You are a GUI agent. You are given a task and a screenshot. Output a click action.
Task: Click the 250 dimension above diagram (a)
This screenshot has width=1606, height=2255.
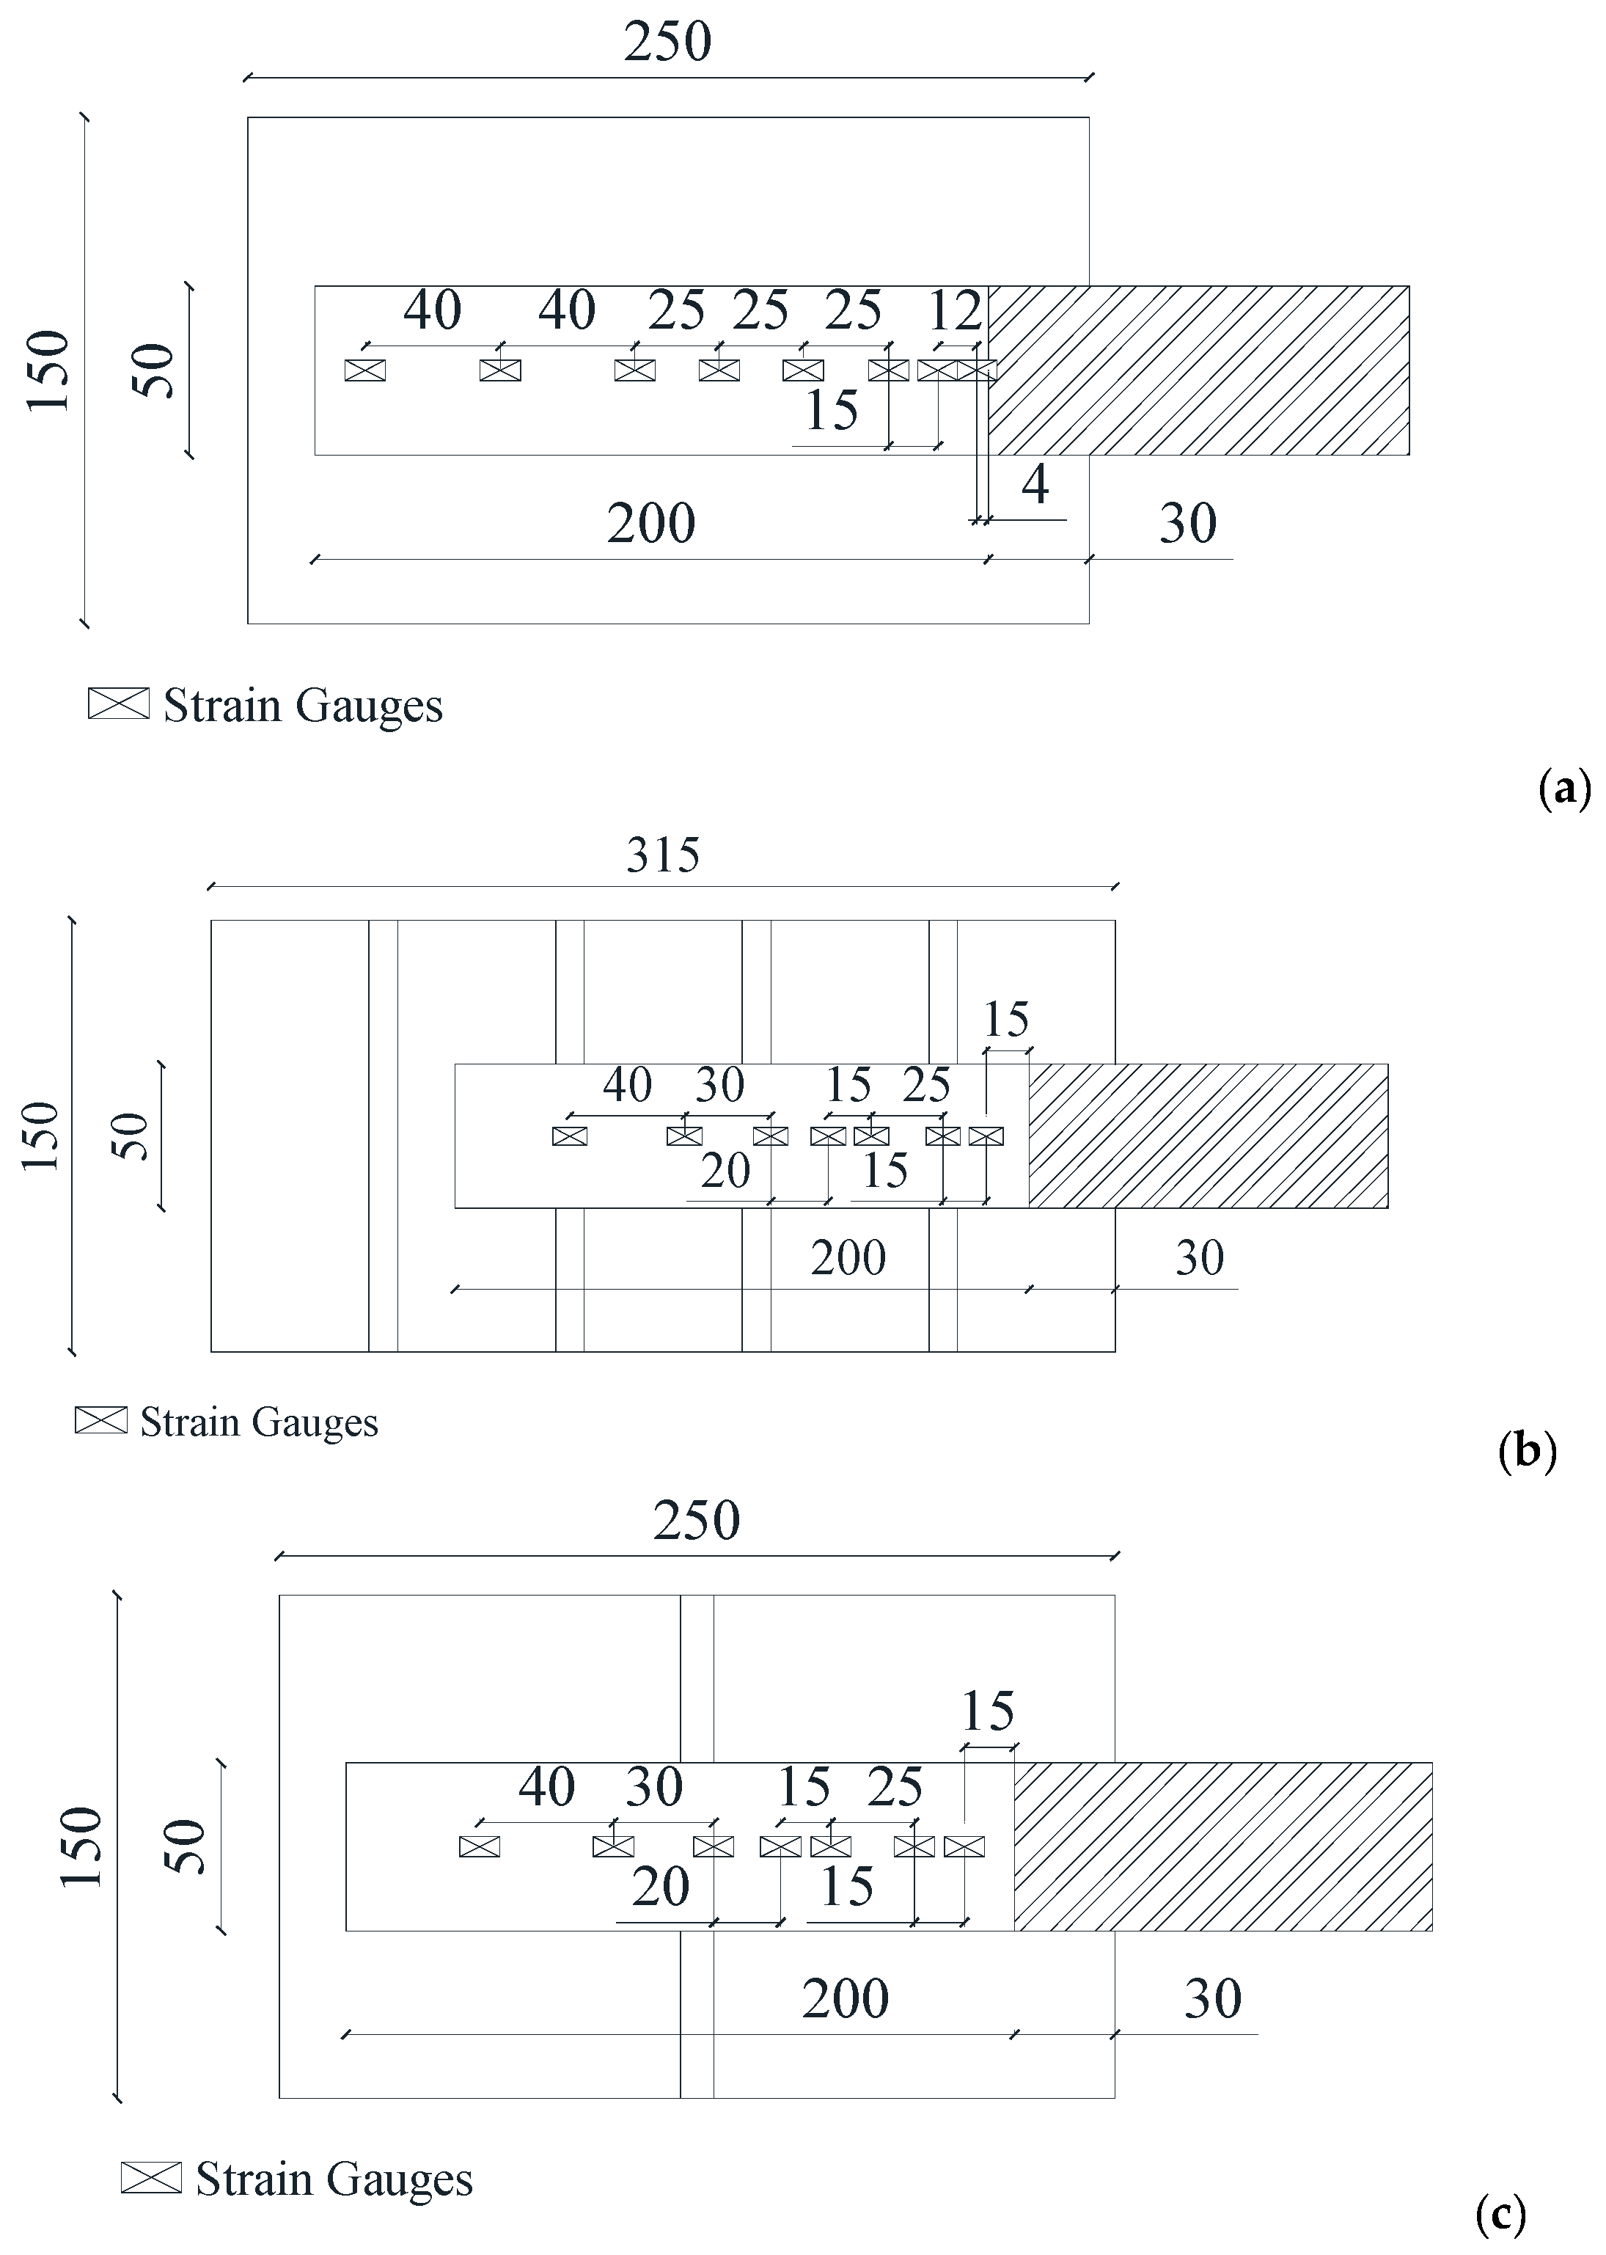pyautogui.click(x=667, y=43)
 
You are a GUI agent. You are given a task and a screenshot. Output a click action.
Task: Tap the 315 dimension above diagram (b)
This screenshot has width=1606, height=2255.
pyautogui.click(x=663, y=855)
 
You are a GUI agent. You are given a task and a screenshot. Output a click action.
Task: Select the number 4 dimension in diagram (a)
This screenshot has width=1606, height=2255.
pyautogui.click(x=1035, y=485)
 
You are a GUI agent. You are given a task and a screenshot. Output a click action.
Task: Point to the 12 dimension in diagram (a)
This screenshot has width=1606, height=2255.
pyautogui.click(x=954, y=312)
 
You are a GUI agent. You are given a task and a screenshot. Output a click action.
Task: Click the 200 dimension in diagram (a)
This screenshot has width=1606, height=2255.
pyautogui.click(x=650, y=523)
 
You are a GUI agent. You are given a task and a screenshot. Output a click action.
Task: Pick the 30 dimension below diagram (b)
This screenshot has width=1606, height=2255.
pyautogui.click(x=1200, y=1258)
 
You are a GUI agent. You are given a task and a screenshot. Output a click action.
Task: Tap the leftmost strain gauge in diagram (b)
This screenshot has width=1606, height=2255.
pyautogui.click(x=570, y=1136)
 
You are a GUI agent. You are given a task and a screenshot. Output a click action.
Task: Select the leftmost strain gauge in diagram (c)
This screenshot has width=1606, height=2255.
pyautogui.click(x=480, y=1846)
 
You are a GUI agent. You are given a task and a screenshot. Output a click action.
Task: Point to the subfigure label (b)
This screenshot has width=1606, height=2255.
pyautogui.click(x=1527, y=1451)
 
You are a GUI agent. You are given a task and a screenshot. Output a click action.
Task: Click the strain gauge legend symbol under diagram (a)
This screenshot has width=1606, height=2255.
pyautogui.click(x=119, y=703)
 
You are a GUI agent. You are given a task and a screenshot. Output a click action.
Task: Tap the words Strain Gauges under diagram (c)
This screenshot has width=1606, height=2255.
pyautogui.click(x=334, y=2179)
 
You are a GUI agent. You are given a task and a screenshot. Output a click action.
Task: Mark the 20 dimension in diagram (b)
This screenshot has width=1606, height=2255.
pyautogui.click(x=726, y=1172)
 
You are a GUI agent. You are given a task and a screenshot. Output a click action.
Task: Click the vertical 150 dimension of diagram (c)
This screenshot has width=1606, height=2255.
pyautogui.click(x=82, y=1848)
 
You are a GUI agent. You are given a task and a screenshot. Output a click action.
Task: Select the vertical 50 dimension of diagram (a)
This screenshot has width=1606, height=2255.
pyautogui.click(x=154, y=371)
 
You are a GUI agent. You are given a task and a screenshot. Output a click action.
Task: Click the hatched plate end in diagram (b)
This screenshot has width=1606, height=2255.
pyautogui.click(x=1208, y=1136)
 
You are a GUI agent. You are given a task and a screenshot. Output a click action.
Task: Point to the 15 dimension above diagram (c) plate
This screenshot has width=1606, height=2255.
pyautogui.click(x=988, y=1711)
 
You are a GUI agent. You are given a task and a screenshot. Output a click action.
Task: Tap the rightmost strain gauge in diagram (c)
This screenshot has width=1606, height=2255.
pyautogui.click(x=964, y=1846)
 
